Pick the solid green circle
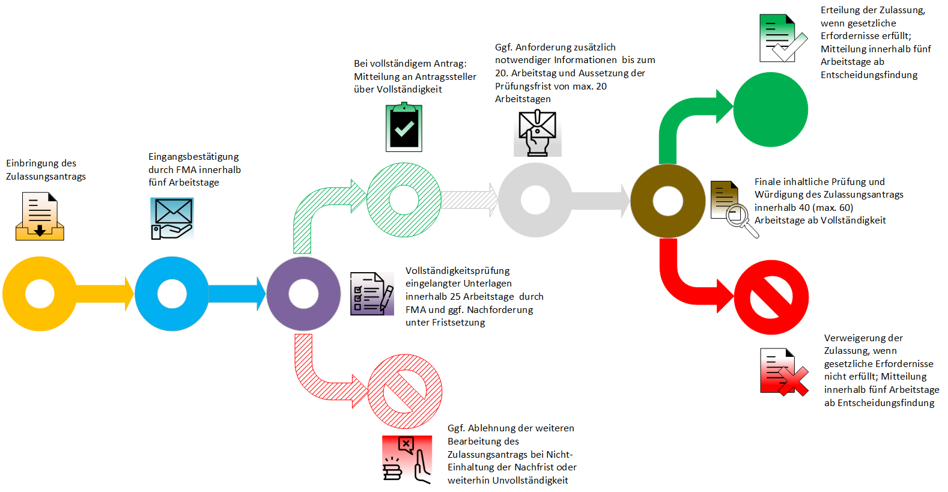click(x=771, y=109)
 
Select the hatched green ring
click(x=378, y=200)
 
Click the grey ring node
click(x=511, y=200)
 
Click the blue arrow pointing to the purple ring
click(x=237, y=294)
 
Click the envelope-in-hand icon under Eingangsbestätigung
click(x=172, y=219)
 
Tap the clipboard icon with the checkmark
click(x=404, y=127)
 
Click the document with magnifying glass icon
click(x=734, y=208)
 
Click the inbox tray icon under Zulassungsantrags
click(x=40, y=217)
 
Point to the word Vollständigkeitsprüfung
click(x=458, y=271)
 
